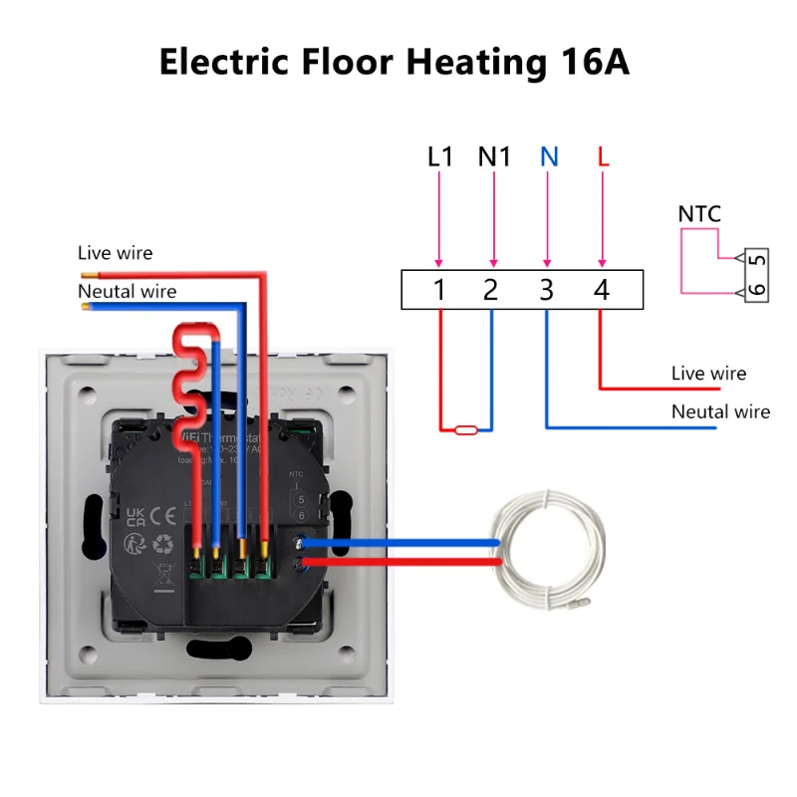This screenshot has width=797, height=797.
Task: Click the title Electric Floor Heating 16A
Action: point(395,62)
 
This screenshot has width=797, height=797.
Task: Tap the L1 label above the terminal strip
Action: point(439,157)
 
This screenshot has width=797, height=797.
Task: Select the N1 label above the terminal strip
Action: point(494,157)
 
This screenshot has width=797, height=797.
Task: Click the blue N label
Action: point(548,157)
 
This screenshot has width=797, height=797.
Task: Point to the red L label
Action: point(602,157)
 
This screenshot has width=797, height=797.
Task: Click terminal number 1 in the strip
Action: point(438,290)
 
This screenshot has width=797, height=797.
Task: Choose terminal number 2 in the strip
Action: point(491,290)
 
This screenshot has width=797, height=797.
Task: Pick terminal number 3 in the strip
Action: point(546,290)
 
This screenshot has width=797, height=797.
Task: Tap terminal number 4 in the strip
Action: point(601,290)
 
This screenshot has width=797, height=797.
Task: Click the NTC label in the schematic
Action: point(698,214)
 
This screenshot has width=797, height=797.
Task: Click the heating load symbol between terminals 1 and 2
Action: point(465,430)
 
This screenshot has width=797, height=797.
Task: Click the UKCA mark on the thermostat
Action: point(137,514)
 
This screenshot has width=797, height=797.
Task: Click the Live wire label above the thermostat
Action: point(116,253)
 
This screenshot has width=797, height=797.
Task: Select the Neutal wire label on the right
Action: point(720,411)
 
